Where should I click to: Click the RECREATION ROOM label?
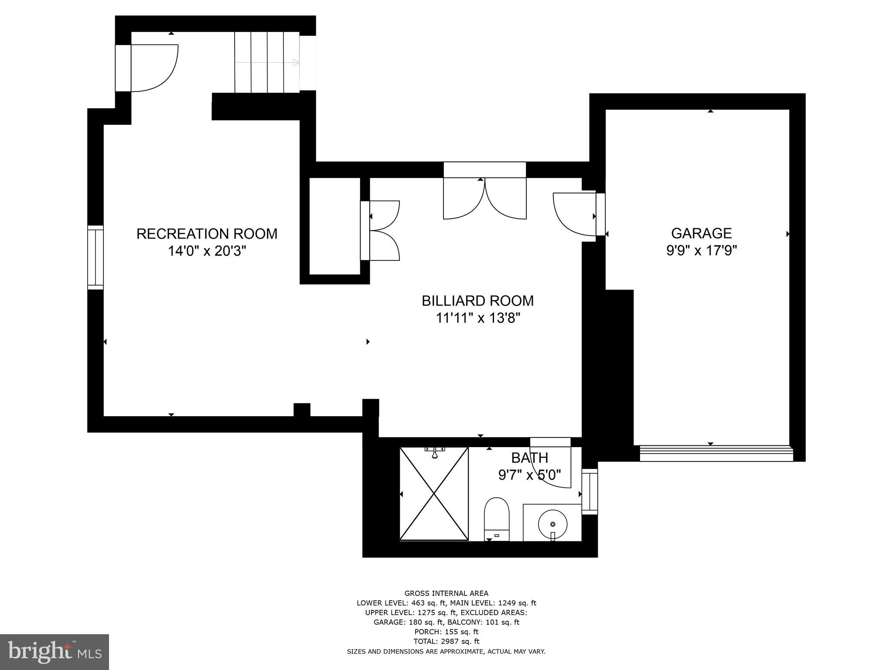click(207, 234)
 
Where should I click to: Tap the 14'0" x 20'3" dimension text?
click(207, 252)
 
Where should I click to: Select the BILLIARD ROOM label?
click(477, 301)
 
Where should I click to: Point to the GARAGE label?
click(701, 233)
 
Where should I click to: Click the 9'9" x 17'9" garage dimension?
click(702, 251)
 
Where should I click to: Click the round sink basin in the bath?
click(552, 523)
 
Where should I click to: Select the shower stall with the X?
click(434, 494)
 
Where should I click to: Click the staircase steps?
click(267, 62)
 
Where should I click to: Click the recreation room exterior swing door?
click(150, 68)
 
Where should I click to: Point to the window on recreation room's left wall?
click(95, 257)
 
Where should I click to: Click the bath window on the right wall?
click(590, 492)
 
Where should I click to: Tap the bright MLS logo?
click(55, 652)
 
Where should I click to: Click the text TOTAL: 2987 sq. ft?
click(446, 641)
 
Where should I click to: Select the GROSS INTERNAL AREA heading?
click(446, 593)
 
